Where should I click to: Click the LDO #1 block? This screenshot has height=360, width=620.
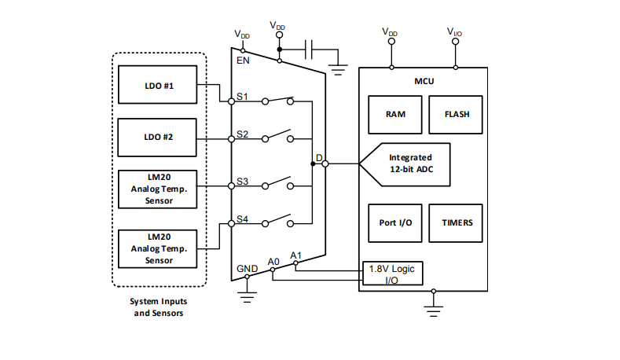pyautogui.click(x=158, y=85)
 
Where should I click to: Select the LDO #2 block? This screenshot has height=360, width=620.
pyautogui.click(x=158, y=137)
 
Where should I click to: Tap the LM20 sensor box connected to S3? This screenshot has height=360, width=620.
pyautogui.click(x=158, y=189)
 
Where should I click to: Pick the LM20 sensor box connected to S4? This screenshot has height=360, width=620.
pyautogui.click(x=158, y=248)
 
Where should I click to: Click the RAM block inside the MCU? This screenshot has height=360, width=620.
pyautogui.click(x=395, y=114)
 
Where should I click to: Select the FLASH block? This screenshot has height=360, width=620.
pyautogui.click(x=457, y=114)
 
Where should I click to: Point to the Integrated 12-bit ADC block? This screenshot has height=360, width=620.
pyautogui.click(x=409, y=163)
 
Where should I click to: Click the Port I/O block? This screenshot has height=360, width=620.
pyautogui.click(x=395, y=222)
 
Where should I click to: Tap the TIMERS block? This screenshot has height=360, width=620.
pyautogui.click(x=457, y=222)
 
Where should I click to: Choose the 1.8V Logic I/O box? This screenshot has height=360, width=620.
pyautogui.click(x=392, y=274)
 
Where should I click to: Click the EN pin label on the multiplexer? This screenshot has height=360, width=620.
pyautogui.click(x=243, y=61)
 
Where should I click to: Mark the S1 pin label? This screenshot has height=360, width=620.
pyautogui.click(x=243, y=97)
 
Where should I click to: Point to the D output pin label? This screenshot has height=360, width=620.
pyautogui.click(x=319, y=158)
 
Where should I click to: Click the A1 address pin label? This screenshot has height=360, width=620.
pyautogui.click(x=295, y=255)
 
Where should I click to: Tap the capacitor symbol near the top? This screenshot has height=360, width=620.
pyautogui.click(x=310, y=51)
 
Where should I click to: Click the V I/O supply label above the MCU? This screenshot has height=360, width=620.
pyautogui.click(x=454, y=32)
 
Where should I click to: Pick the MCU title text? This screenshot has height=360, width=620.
pyautogui.click(x=424, y=81)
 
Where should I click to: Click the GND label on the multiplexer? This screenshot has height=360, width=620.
pyautogui.click(x=247, y=269)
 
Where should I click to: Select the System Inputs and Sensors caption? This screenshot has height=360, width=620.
pyautogui.click(x=158, y=307)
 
